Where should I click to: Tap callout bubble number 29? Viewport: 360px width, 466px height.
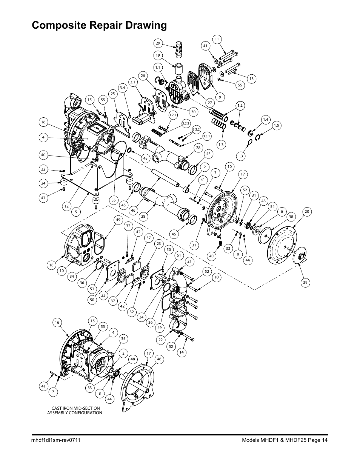click(x=158, y=43)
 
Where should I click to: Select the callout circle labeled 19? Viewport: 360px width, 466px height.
click(x=158, y=55)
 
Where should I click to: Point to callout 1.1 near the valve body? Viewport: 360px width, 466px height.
click(x=158, y=67)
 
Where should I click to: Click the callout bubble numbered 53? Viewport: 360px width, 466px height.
click(x=206, y=45)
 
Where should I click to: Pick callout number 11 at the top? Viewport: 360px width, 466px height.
click(x=217, y=39)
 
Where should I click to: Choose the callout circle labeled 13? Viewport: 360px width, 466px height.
click(x=251, y=78)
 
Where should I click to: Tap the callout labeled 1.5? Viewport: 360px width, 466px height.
click(x=277, y=126)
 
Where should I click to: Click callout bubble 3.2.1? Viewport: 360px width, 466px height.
click(x=173, y=115)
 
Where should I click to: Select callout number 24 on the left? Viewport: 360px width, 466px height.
click(x=43, y=183)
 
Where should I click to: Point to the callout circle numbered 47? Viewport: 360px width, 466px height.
click(x=43, y=197)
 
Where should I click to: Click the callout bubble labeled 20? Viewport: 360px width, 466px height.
click(x=307, y=212)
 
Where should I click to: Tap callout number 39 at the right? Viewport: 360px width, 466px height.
click(x=306, y=282)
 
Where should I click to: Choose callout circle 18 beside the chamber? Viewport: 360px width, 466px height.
click(x=52, y=265)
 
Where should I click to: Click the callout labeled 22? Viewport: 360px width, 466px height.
click(x=160, y=340)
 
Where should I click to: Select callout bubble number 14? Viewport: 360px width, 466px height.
click(x=182, y=352)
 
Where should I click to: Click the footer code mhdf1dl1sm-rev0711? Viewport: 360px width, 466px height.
click(x=55, y=440)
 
